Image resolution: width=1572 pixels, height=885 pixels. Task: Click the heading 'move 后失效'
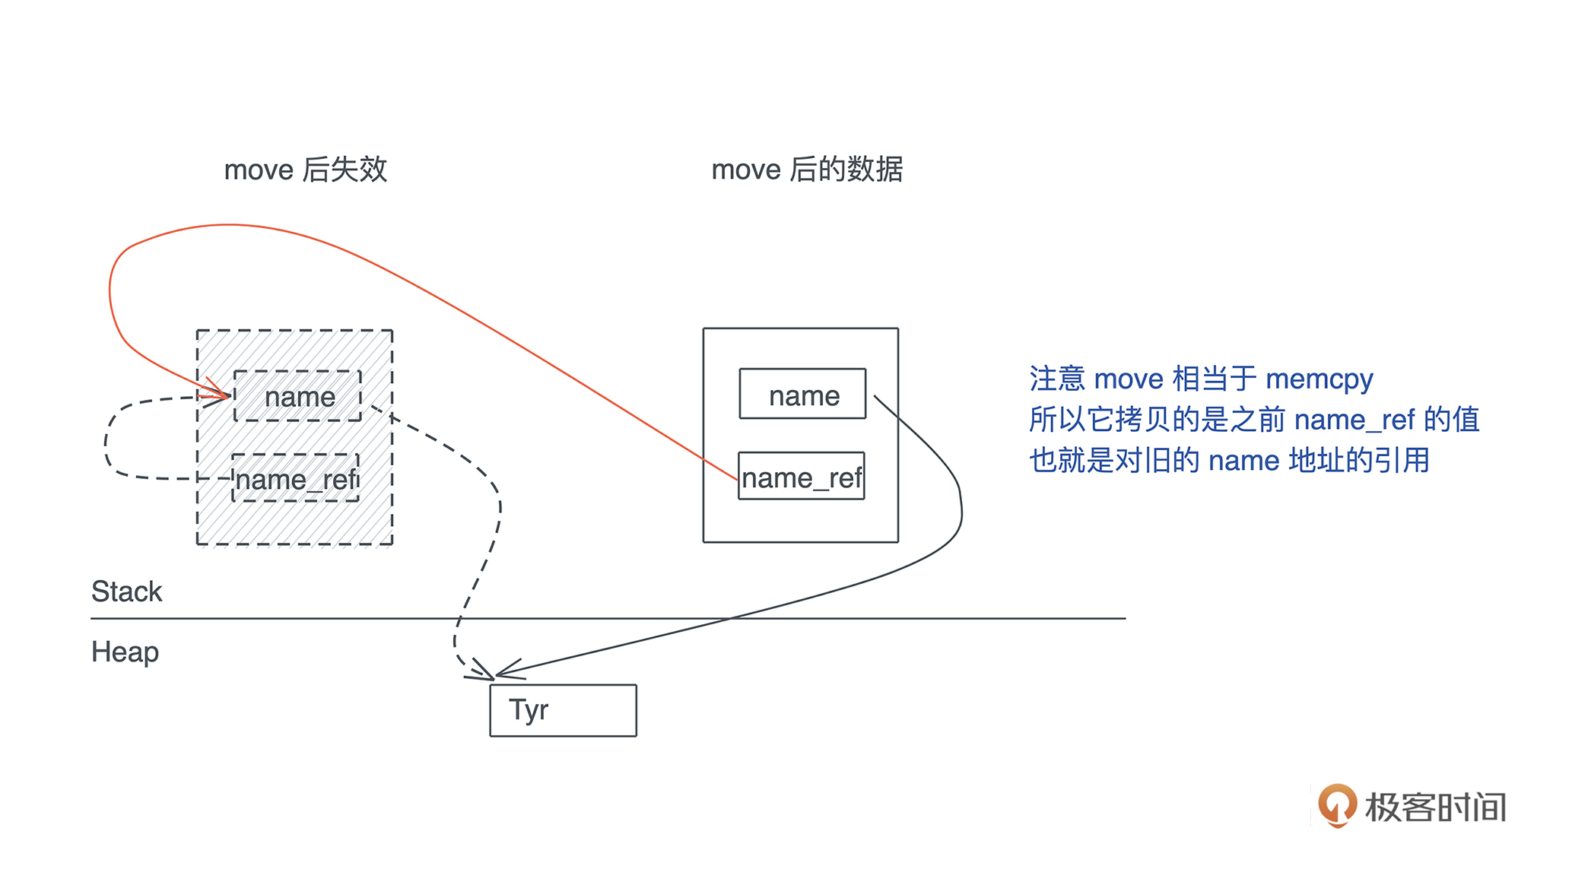pyautogui.click(x=305, y=169)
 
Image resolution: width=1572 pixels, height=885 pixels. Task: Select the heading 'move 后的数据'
pyautogui.click(x=806, y=169)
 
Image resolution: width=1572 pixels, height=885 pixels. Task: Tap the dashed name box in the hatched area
pyautogui.click(x=298, y=396)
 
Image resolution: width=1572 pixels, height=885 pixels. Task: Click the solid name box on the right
pyautogui.click(x=802, y=395)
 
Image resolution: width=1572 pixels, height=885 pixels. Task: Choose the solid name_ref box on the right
pyautogui.click(x=801, y=477)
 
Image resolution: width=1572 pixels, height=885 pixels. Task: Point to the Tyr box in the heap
pyautogui.click(x=563, y=710)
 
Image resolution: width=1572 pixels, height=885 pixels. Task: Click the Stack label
pyautogui.click(x=126, y=592)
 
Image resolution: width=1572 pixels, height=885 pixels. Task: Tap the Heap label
pyautogui.click(x=125, y=652)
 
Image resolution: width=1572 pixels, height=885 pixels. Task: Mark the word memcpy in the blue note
pyautogui.click(x=1320, y=379)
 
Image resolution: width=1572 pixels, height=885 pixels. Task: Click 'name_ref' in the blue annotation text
pyautogui.click(x=1354, y=420)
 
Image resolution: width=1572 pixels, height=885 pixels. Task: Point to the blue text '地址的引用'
pyautogui.click(x=1359, y=461)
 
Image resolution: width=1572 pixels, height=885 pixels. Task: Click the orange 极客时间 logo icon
pyautogui.click(x=1337, y=805)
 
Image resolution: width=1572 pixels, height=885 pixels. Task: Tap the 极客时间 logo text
pyautogui.click(x=1435, y=807)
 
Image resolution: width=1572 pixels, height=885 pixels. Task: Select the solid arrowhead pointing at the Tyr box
pyautogui.click(x=503, y=671)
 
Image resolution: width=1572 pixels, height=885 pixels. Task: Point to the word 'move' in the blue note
pyautogui.click(x=1129, y=379)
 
